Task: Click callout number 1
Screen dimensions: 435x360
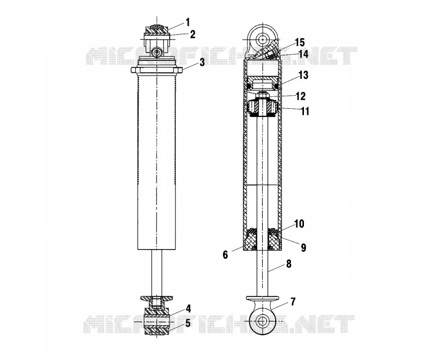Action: pos(188,22)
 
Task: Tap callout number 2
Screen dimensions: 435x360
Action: pos(192,34)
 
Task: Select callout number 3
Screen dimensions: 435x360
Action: pos(202,62)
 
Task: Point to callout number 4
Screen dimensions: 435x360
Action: pos(188,308)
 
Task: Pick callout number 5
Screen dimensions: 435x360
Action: pos(188,323)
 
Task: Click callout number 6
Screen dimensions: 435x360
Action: pos(225,255)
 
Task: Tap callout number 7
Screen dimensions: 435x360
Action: pos(293,301)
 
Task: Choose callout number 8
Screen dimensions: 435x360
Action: pos(289,264)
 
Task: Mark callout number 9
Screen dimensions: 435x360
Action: pos(303,247)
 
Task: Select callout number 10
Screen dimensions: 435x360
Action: pos(300,224)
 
